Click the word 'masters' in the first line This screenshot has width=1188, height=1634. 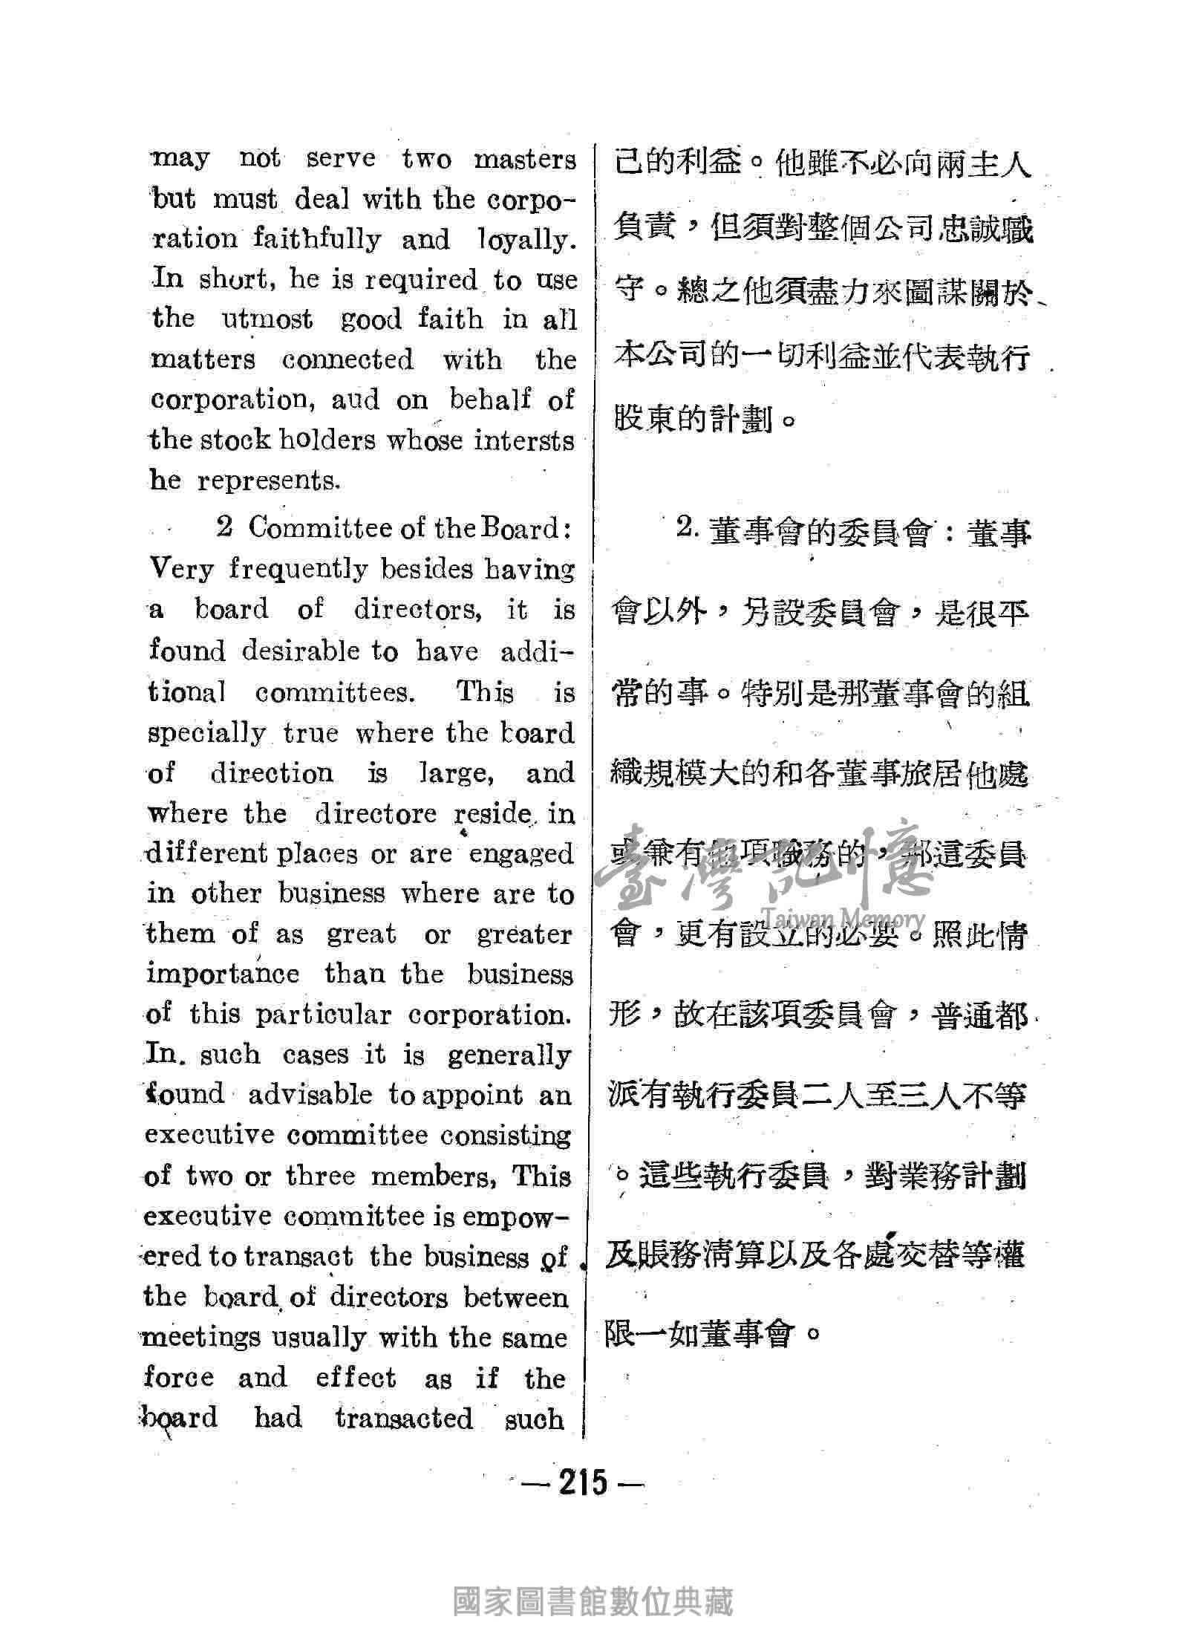coord(525,160)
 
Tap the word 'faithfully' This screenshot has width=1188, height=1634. coord(317,240)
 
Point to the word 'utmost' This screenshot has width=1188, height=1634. coord(267,320)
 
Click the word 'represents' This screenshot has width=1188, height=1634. coord(268,481)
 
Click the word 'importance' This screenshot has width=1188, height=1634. coord(223,974)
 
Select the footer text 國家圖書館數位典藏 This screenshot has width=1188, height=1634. coord(593,1598)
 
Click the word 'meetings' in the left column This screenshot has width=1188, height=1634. coord(201,1338)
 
